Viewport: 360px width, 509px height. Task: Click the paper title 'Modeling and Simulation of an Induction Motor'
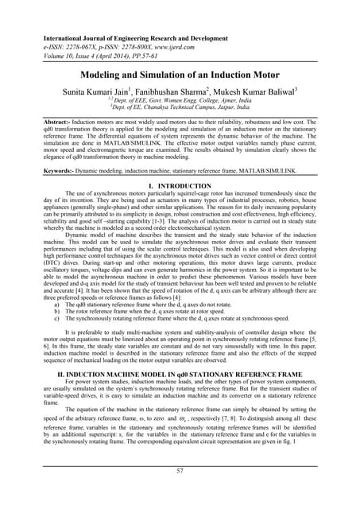(180, 74)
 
